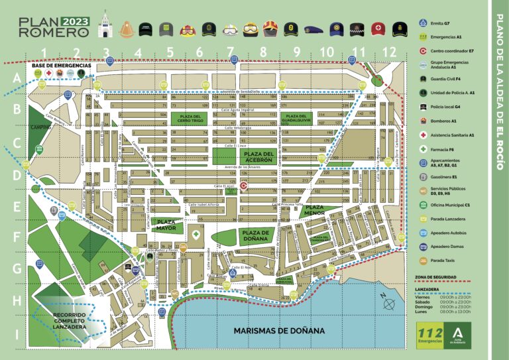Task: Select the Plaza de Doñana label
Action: pos(255,236)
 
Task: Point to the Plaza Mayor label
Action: pos(166,225)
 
